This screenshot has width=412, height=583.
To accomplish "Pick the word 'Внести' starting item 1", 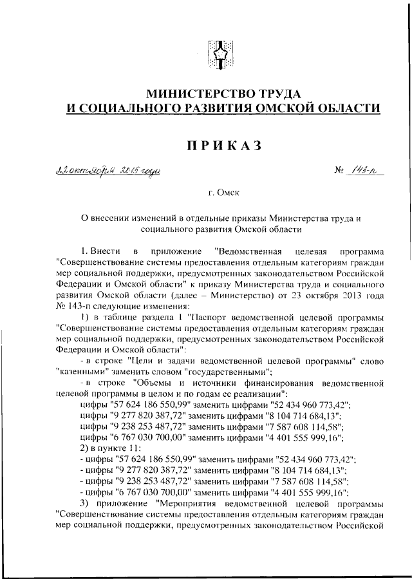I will coord(105,250).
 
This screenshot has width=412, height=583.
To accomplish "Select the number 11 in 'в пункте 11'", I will coord(129,446).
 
